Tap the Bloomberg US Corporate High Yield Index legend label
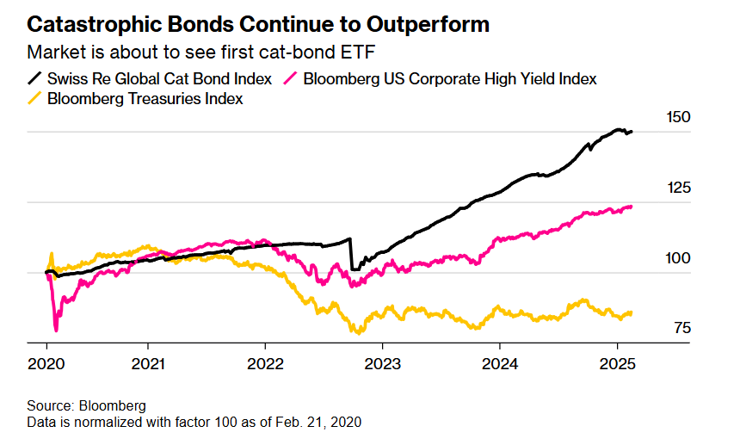[x=448, y=79]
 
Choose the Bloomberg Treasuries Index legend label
[x=145, y=99]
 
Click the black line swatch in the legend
[x=35, y=79]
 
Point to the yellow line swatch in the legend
[x=35, y=99]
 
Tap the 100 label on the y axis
[x=679, y=258]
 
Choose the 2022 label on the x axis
[x=267, y=362]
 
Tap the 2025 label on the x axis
[x=616, y=362]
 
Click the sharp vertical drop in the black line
[x=352, y=254]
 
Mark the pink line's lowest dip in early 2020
[x=57, y=329]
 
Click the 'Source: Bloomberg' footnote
[x=87, y=405]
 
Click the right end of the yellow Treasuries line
[x=632, y=312]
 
